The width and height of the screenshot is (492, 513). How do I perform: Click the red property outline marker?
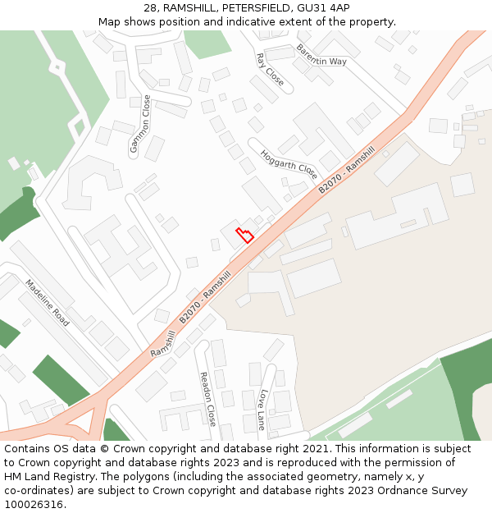pos(244,235)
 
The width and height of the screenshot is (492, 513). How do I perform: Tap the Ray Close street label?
pos(270,70)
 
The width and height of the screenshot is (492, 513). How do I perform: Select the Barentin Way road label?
pos(321,55)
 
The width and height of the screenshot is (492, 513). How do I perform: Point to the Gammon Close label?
pos(140,124)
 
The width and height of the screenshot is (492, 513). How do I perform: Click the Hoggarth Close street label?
pos(289,164)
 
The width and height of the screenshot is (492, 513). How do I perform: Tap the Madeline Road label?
pos(47,303)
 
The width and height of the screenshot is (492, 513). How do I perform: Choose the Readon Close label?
pos(207,398)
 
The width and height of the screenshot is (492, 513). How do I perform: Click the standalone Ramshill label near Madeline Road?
pos(163,343)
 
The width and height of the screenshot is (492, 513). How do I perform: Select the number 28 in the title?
pos(151,8)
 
